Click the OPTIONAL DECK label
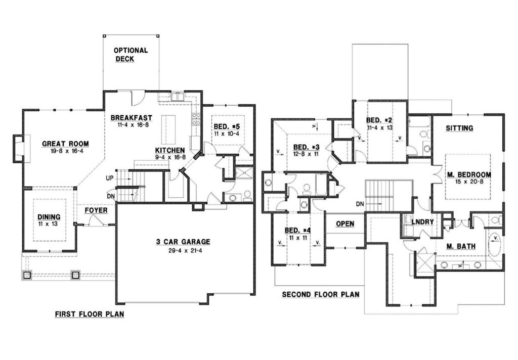tap(131, 55)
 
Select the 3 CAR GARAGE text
tap(183, 242)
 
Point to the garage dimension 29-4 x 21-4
tap(183, 251)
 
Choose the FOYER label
tap(96, 210)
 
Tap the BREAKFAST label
tap(132, 118)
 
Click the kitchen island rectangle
tap(168, 130)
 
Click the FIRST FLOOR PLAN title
tap(90, 314)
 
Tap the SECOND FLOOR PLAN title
tap(320, 294)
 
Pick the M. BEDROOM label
tap(468, 175)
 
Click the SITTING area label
tap(459, 128)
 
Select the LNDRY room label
tap(422, 222)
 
